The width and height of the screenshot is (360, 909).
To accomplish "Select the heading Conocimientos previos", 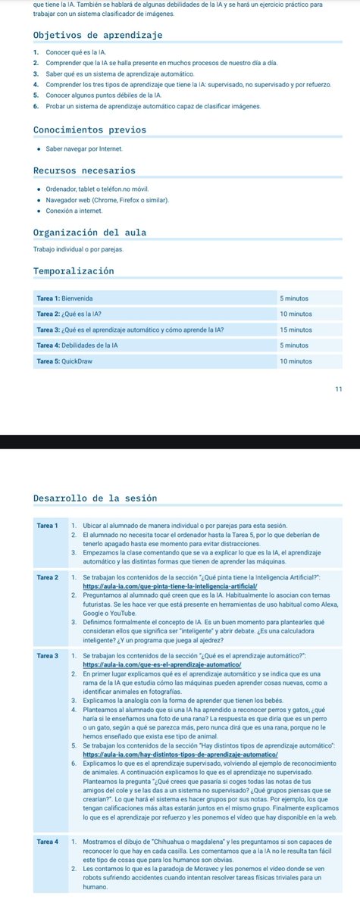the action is [x=90, y=130].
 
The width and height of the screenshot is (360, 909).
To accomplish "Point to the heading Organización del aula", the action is [x=90, y=232].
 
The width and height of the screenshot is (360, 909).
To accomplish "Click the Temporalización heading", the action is [x=74, y=270].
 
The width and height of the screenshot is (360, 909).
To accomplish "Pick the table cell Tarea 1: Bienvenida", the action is [x=65, y=299].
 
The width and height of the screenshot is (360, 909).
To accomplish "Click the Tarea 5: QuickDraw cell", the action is [x=63, y=361].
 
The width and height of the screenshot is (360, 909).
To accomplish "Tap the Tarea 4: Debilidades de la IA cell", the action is [x=78, y=345].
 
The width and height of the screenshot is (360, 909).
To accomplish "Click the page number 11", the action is [x=338, y=389].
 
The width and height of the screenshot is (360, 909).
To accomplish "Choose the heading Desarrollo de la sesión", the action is [x=95, y=498].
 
